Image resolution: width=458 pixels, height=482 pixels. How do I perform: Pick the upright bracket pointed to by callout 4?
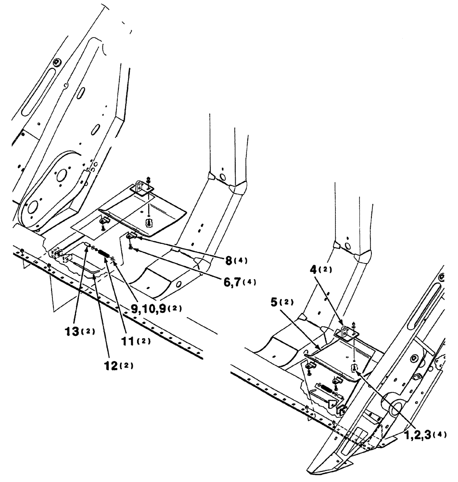[345, 333]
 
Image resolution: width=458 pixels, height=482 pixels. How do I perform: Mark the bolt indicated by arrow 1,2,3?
[354, 369]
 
